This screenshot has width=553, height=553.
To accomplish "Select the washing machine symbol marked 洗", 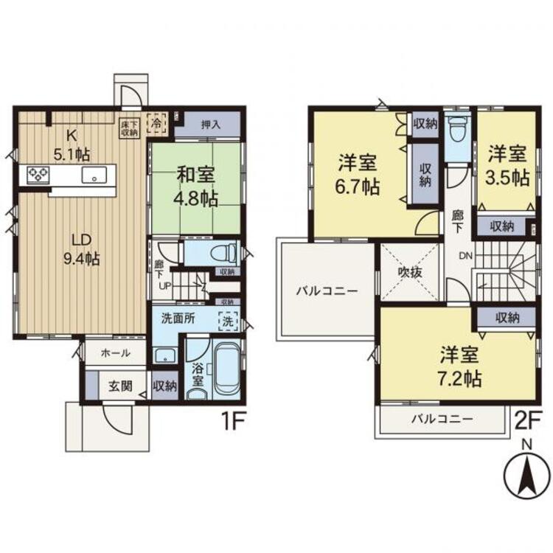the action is [x=228, y=321].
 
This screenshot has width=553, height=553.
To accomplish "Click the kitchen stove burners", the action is [x=38, y=174].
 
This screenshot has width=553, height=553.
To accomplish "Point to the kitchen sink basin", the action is [x=94, y=175].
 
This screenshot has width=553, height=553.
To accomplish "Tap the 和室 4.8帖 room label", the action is [x=195, y=187].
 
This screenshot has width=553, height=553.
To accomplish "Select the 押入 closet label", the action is [x=212, y=124].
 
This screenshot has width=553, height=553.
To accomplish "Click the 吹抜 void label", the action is [x=410, y=272].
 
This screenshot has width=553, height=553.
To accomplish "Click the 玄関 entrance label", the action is [x=121, y=386].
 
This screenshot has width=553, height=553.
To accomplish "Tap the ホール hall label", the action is [x=115, y=352].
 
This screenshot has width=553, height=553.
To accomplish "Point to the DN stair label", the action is [x=465, y=256].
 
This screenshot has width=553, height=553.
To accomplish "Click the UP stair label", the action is [x=165, y=286].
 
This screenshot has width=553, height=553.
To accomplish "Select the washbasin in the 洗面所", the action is [x=165, y=355].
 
